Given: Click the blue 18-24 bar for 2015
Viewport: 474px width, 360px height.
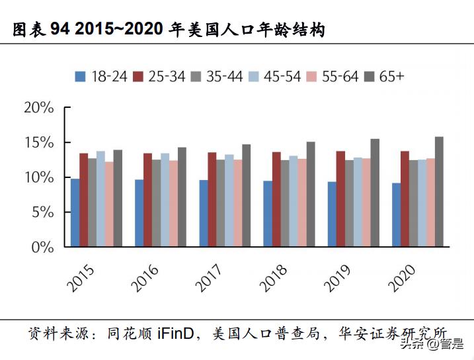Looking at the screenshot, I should click(x=75, y=212).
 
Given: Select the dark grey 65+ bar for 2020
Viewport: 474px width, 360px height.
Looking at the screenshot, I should click(x=439, y=192).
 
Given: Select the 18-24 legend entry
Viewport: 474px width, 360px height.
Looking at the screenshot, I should click(x=101, y=76).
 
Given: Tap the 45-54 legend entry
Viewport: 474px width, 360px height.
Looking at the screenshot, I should click(x=275, y=76).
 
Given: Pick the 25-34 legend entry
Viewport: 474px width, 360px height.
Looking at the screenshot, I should click(x=159, y=76).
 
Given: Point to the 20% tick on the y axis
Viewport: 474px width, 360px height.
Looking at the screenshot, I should click(x=38, y=108).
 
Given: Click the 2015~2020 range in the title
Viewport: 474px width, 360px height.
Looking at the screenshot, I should click(x=126, y=30).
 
